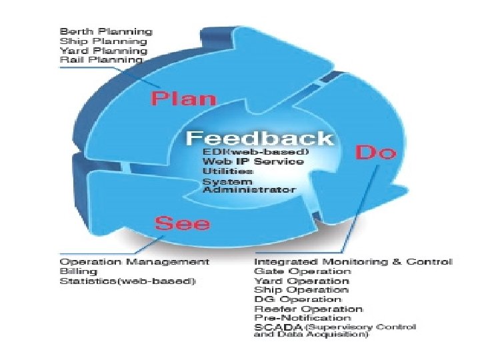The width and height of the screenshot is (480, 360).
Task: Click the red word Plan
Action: (x=183, y=99)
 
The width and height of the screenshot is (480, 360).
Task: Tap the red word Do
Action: (x=375, y=152)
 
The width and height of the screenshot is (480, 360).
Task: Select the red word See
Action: (x=182, y=223)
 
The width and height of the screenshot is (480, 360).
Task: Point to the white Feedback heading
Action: (x=259, y=138)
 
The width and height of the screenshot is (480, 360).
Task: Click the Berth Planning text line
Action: (x=106, y=31)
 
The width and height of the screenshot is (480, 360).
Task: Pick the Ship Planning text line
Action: (x=103, y=41)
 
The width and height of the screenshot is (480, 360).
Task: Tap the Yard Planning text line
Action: (x=103, y=51)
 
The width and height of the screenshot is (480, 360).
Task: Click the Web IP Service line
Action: (x=253, y=161)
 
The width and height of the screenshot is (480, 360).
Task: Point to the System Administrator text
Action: (x=249, y=185)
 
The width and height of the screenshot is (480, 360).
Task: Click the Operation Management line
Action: (x=134, y=261)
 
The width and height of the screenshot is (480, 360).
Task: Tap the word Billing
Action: (x=78, y=271)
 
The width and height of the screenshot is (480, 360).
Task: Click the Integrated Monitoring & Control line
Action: (x=353, y=261)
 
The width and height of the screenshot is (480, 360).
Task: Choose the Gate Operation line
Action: (x=302, y=271)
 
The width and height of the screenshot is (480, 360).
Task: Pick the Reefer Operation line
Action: (x=309, y=309)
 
